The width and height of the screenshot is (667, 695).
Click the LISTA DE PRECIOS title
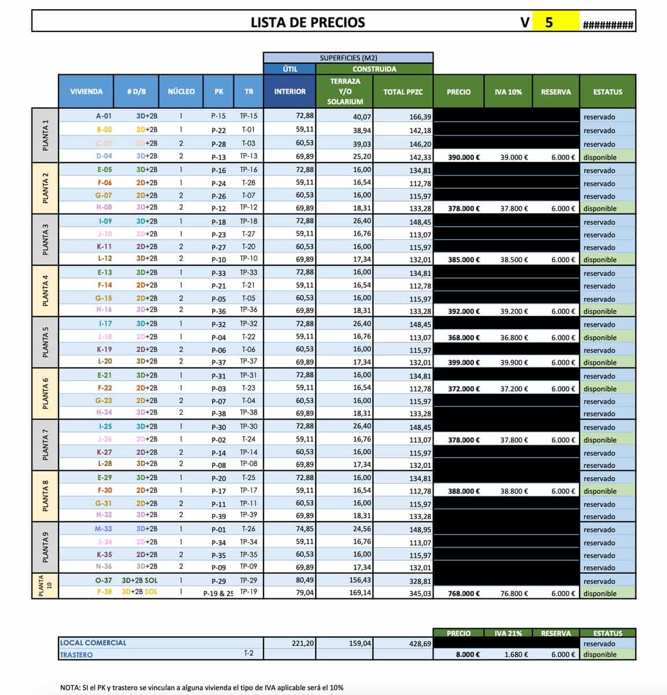coord(307,23)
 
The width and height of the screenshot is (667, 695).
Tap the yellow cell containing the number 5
coord(549,23)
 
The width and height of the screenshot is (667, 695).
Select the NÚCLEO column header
coord(181,92)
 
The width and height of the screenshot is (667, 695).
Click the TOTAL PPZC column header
coord(403,92)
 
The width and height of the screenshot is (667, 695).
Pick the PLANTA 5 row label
coord(45,342)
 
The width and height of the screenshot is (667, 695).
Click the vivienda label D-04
coord(104,156)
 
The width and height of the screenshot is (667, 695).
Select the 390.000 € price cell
coord(464,157)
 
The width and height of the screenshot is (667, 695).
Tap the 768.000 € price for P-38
coord(464,594)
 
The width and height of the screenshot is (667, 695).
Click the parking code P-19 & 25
coord(218,594)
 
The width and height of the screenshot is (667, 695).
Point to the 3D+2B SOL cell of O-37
coord(140,580)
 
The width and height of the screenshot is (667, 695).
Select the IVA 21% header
coord(508,633)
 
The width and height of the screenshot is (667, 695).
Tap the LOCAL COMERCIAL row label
coord(93,643)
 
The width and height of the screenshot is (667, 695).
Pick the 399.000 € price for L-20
coord(464,363)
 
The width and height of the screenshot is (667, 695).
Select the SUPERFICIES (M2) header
coord(348,58)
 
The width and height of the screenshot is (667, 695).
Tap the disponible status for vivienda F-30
coord(600,491)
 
